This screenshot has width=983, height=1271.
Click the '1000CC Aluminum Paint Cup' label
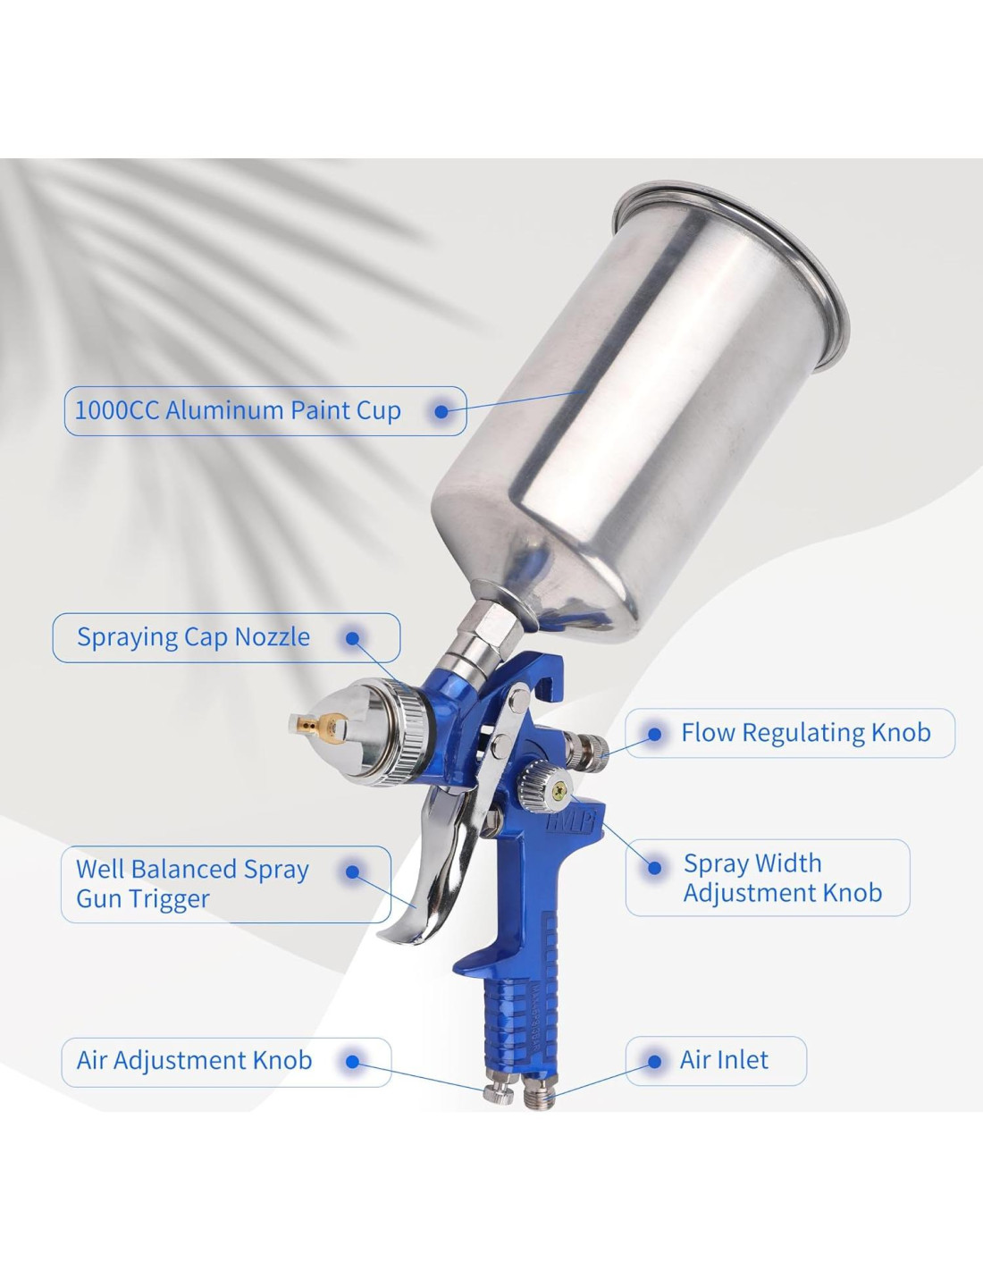click(x=238, y=410)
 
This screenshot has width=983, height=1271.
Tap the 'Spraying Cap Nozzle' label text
click(x=194, y=637)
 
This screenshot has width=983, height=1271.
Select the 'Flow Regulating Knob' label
click(x=806, y=732)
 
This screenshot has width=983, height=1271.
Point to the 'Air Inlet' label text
click(x=724, y=1060)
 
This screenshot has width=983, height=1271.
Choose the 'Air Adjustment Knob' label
click(x=194, y=1060)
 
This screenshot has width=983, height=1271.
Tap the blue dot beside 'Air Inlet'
click(x=654, y=1061)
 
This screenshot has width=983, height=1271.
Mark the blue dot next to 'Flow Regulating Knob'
click(x=655, y=734)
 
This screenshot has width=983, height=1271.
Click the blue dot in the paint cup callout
click(x=441, y=412)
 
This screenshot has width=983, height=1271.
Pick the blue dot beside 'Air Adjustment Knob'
click(x=352, y=1061)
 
